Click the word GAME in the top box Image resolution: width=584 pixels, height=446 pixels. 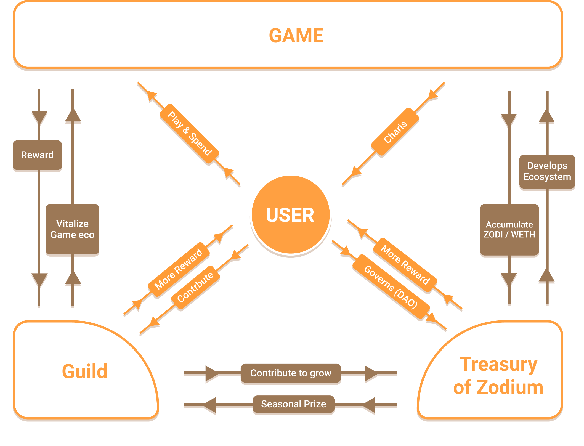pyautogui.click(x=296, y=36)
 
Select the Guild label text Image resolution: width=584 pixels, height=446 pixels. pyautogui.click(x=84, y=371)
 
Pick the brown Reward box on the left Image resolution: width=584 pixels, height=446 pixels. pyautogui.click(x=37, y=155)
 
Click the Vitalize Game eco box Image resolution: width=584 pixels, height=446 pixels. pyautogui.click(x=72, y=229)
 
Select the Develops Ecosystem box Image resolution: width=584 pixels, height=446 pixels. pyautogui.click(x=547, y=171)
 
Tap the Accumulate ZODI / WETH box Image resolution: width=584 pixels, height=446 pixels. pyautogui.click(x=509, y=230)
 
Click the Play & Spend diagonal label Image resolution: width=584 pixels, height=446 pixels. pyautogui.click(x=189, y=134)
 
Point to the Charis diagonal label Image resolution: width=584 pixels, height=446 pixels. pyautogui.click(x=395, y=132)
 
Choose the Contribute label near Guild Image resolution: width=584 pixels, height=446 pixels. pyautogui.click(x=195, y=287)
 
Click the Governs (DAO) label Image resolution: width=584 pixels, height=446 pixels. pyautogui.click(x=391, y=287)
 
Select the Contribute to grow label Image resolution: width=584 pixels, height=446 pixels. pyautogui.click(x=291, y=373)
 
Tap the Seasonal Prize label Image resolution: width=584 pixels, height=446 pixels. pyautogui.click(x=293, y=404)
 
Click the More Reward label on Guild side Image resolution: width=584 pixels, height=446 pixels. pyautogui.click(x=179, y=269)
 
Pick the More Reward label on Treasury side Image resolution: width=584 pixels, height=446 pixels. pyautogui.click(x=405, y=265)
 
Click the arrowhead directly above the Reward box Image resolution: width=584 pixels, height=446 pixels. pyautogui.click(x=39, y=117)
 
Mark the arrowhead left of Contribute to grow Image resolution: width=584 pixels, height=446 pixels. pyautogui.click(x=211, y=374)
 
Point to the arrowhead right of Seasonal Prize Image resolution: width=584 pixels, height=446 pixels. pyautogui.click(x=369, y=406)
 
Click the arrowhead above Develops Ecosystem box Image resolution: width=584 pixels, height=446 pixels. pyautogui.click(x=547, y=117)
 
